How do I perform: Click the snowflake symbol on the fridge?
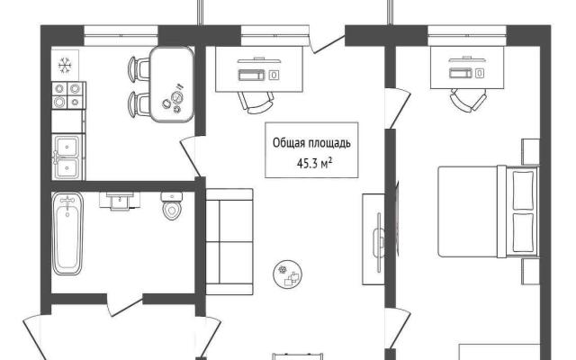(65, 66)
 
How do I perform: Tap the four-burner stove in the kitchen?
(68, 95)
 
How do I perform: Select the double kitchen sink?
(68, 157)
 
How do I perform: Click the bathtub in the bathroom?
(67, 234)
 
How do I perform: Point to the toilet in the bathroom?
(172, 206)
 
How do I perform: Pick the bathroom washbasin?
(120, 201)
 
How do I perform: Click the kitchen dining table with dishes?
(172, 84)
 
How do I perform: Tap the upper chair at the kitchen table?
(139, 69)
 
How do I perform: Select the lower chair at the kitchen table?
(139, 104)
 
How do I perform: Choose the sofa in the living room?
(229, 242)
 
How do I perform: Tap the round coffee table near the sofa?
(288, 274)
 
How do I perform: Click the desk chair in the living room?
(256, 102)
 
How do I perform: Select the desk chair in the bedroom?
(468, 99)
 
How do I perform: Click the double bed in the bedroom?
(488, 211)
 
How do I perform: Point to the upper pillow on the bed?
(523, 190)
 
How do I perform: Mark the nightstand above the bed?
(530, 151)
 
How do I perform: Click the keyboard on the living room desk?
(252, 75)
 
